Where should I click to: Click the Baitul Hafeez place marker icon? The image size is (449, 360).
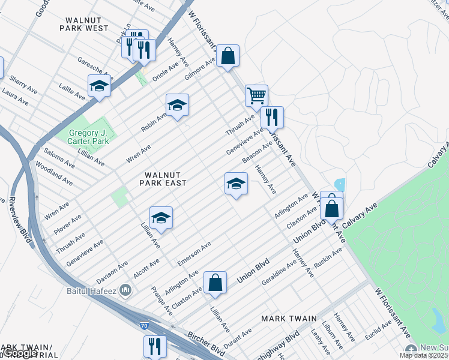tap(125, 291)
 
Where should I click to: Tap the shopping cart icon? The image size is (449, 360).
tap(256, 95)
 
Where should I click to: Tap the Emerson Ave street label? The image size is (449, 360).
tap(194, 254)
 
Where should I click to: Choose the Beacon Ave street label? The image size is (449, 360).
tap(258, 151)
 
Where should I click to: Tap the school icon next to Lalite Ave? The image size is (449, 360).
tap(99, 86)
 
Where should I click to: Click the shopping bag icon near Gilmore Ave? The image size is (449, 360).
tap(228, 56)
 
